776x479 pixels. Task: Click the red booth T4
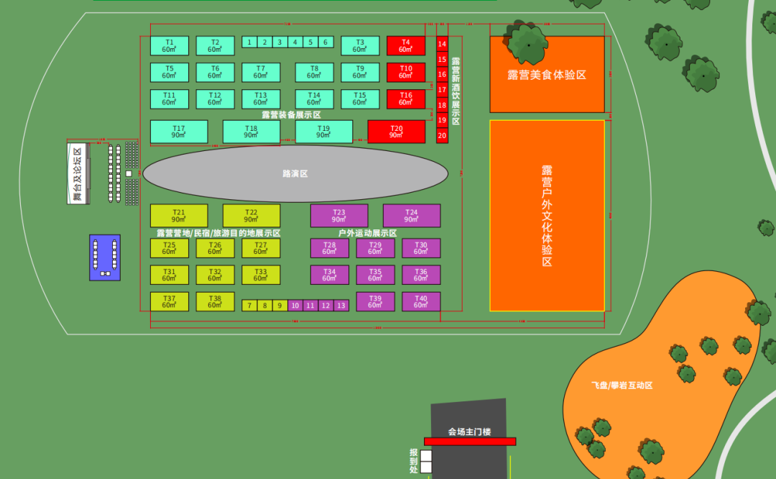tap(406, 46)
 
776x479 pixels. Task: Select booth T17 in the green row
tap(179, 132)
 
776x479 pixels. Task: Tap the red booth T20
tap(397, 132)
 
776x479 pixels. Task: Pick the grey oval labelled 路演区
tap(295, 173)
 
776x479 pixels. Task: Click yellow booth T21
tap(179, 216)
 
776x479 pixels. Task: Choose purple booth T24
tap(412, 216)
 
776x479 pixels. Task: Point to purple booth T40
tap(421, 302)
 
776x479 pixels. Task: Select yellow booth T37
tap(170, 302)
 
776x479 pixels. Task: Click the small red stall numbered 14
tap(442, 44)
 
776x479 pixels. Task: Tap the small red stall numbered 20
tap(442, 135)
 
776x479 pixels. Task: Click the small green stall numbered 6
tap(325, 42)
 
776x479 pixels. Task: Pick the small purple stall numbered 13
tap(341, 306)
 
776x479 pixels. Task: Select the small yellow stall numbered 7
tap(249, 306)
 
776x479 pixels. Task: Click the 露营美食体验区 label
tap(547, 75)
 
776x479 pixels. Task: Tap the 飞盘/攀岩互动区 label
tap(622, 386)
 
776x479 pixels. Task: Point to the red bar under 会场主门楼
tap(470, 441)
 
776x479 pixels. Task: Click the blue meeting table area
tap(105, 257)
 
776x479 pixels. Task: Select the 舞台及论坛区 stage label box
tap(78, 173)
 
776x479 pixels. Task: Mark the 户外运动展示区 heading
tap(368, 233)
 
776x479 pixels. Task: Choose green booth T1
tap(170, 46)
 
